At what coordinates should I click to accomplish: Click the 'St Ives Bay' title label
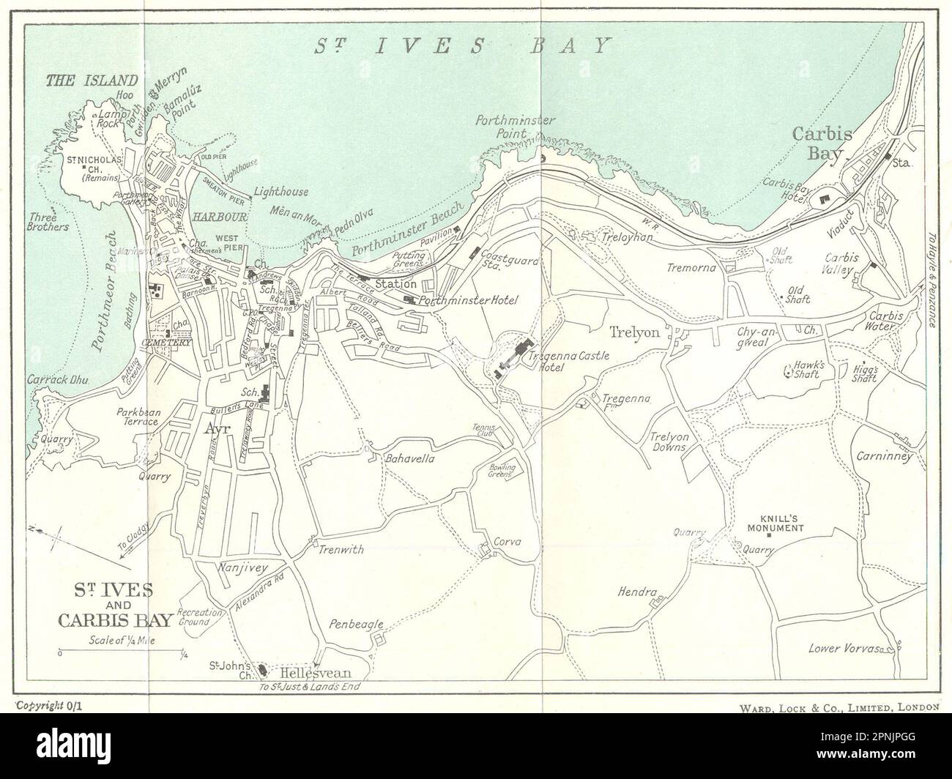(x=462, y=45)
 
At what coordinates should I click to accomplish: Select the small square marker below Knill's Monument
(x=769, y=535)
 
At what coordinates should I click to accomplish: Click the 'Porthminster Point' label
(x=516, y=126)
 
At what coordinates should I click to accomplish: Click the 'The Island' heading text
(x=92, y=81)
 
